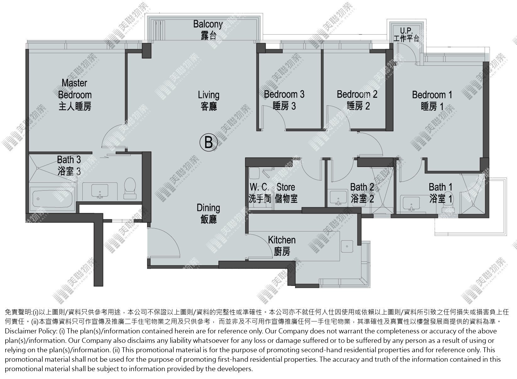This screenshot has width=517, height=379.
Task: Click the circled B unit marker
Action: point(208,142)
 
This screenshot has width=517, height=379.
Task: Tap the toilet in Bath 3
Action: point(130,188)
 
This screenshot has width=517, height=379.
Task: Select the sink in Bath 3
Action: point(100,191)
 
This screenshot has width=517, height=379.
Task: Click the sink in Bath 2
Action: point(338,198)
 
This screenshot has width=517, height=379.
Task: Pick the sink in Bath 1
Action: point(411,203)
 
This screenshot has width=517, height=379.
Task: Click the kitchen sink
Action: point(347,247)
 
